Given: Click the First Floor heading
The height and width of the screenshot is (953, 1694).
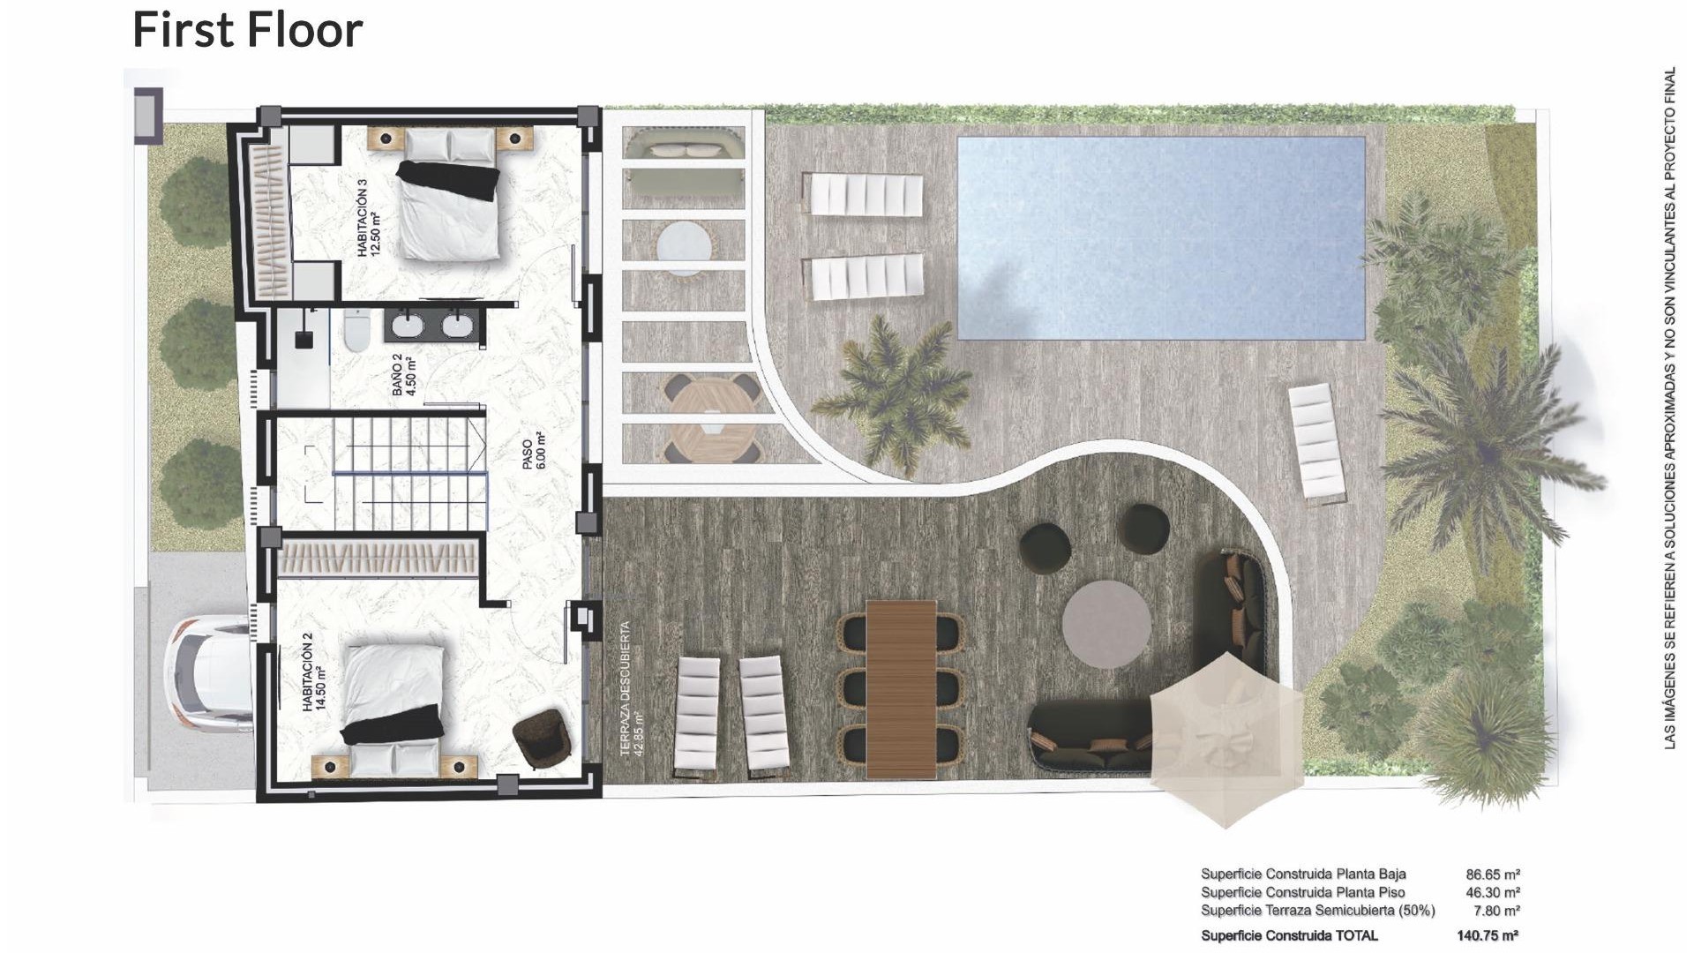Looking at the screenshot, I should tap(247, 30).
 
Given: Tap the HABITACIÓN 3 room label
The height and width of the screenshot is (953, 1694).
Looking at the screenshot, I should tap(368, 218).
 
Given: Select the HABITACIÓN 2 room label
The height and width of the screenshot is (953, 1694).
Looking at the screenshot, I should tap(314, 678).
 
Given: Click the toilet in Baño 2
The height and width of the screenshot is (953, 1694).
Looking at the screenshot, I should tap(356, 333).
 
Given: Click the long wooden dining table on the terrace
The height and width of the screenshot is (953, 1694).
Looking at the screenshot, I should tap(901, 689).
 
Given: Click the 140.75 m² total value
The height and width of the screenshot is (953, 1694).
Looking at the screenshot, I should tap(1488, 935).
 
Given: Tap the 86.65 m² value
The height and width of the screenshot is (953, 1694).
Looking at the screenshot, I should tap(1493, 874).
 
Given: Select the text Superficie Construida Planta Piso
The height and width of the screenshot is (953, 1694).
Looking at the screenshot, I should tap(1302, 892).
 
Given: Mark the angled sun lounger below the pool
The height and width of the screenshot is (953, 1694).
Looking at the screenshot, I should tap(1316, 444).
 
